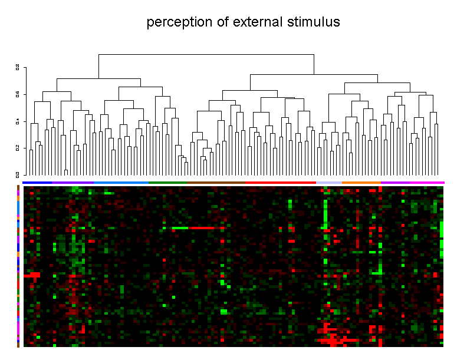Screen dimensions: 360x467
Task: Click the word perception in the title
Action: tap(176, 22)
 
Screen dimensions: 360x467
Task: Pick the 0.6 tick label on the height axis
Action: tap(18, 94)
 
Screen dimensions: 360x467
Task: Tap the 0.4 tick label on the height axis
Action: tap(18, 121)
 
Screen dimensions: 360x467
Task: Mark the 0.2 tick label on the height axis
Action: tap(18, 148)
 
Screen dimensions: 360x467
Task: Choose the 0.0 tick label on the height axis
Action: tap(18, 174)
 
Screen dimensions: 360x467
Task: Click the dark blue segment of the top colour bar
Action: tap(37, 183)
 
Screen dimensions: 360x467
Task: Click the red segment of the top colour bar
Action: tap(280, 183)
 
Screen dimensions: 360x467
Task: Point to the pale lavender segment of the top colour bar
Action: tap(328, 183)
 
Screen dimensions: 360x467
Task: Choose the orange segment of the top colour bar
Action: tap(361, 183)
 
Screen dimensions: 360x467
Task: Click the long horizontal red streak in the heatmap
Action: tap(206, 227)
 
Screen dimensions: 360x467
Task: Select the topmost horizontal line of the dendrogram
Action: tap(206, 55)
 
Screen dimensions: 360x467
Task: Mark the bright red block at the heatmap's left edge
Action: tap(31, 275)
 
